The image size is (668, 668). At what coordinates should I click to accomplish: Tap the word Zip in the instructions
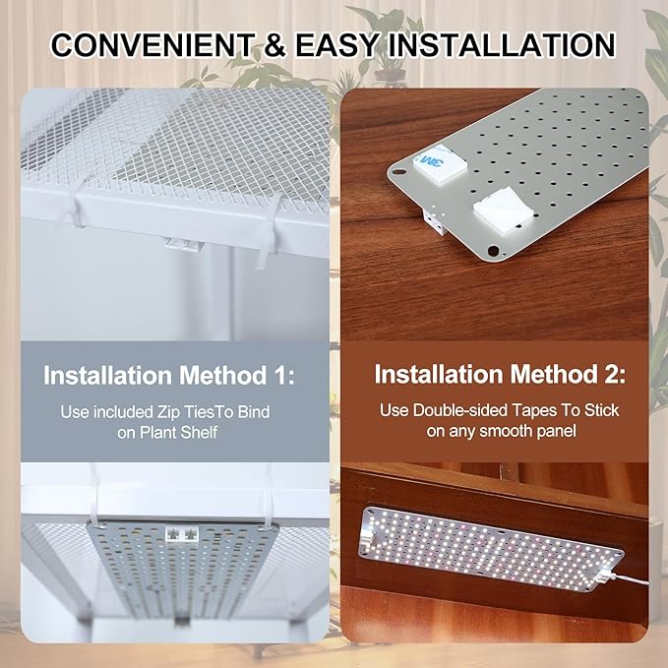(x=182, y=410)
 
